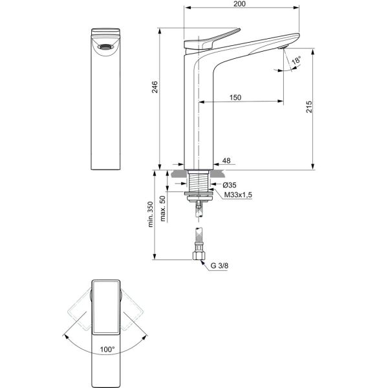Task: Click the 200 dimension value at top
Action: coord(240,4)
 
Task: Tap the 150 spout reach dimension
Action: coord(235,97)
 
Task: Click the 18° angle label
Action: coord(296,62)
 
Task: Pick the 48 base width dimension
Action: coord(226,160)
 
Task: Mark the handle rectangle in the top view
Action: coord(106,308)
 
